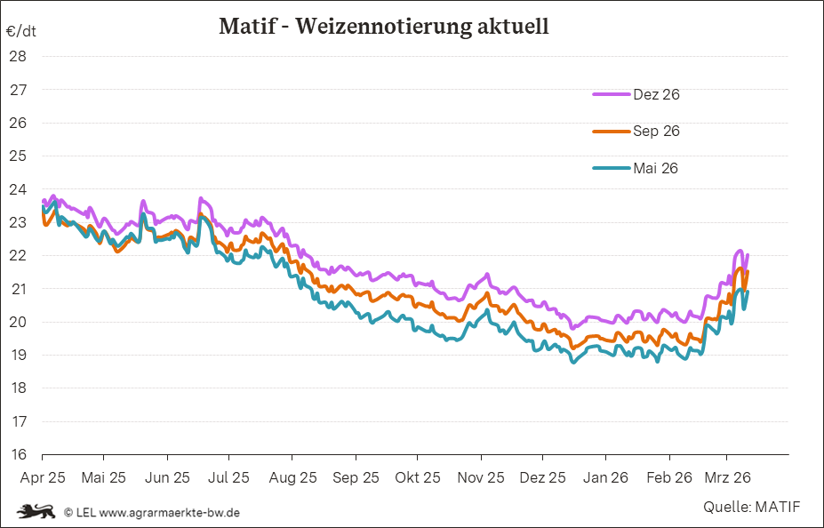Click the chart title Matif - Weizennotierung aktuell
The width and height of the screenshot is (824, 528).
click(383, 27)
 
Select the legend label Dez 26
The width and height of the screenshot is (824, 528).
click(656, 94)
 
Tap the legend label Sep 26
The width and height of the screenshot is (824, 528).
click(656, 131)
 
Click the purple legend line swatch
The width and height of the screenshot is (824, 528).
click(611, 94)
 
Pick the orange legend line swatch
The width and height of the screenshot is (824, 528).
click(611, 131)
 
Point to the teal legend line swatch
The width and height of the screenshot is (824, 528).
click(611, 168)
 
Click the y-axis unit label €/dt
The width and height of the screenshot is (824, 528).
click(20, 31)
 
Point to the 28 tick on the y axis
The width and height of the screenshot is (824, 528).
click(18, 56)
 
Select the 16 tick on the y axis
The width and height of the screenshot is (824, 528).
click(18, 454)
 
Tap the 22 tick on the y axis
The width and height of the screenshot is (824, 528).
click(18, 255)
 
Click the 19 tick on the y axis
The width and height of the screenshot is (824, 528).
click(18, 355)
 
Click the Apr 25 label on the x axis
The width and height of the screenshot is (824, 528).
click(42, 477)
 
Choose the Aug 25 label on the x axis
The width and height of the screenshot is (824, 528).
click(292, 477)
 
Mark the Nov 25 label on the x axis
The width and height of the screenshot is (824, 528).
click(481, 477)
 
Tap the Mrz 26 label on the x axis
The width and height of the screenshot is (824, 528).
click(729, 477)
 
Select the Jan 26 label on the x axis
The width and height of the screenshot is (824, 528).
click(606, 477)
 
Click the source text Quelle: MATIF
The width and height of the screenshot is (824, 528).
click(751, 507)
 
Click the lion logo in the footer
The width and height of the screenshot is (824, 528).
click(36, 511)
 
